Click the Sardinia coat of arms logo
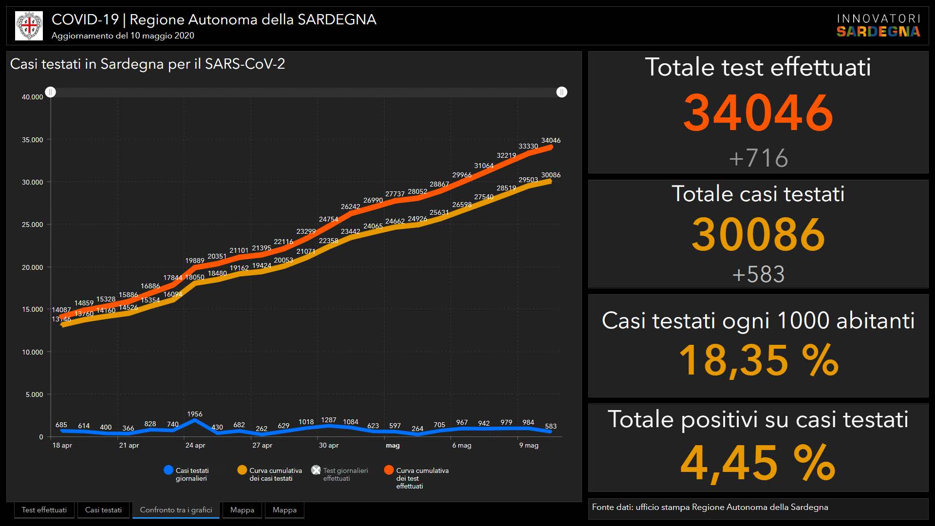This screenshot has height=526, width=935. point(29,26)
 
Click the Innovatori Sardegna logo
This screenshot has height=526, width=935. point(878,25)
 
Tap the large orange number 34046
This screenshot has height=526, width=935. point(758,113)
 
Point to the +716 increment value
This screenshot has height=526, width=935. point(758,158)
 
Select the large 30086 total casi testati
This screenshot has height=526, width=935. point(758,234)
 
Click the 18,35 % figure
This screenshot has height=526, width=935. point(758,360)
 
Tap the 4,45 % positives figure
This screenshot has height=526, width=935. point(758,462)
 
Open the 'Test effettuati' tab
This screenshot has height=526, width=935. point(44,510)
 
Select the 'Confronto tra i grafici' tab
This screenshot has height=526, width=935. point(176,510)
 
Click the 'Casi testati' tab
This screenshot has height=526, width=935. point(103,510)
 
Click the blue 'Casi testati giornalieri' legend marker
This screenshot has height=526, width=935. point(168,470)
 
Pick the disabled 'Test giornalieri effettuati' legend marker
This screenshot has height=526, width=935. point(316,470)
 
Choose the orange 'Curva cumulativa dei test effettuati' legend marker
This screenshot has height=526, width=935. point(389,470)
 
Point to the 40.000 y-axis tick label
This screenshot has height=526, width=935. point(32,97)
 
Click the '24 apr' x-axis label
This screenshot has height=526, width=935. point(195,445)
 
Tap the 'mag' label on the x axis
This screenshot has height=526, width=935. point(393,445)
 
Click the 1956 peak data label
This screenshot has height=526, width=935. point(195,414)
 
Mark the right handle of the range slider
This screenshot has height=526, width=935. point(561,92)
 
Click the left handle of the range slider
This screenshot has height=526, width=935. point(51,92)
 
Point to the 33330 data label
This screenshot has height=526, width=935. point(528,146)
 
